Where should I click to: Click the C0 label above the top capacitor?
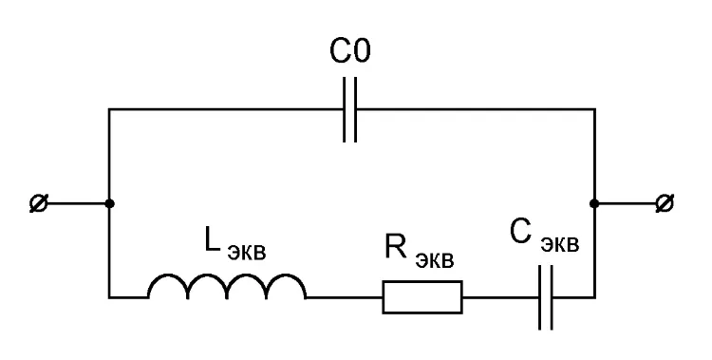pyautogui.click(x=349, y=51)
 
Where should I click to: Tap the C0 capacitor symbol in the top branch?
pyautogui.click(x=349, y=109)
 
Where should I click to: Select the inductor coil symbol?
pyautogui.click(x=227, y=286)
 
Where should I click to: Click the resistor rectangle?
pyautogui.click(x=422, y=297)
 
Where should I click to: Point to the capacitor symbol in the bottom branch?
pyautogui.click(x=546, y=297)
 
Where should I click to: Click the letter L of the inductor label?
pyautogui.click(x=212, y=241)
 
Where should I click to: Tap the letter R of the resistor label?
pyautogui.click(x=395, y=246)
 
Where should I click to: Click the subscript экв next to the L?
pyautogui.click(x=246, y=253)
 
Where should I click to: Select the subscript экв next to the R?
pyautogui.click(x=434, y=259)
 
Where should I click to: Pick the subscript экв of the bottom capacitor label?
pyautogui.click(x=560, y=244)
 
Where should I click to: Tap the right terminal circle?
pyautogui.click(x=665, y=203)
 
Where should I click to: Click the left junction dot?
pyautogui.click(x=109, y=203)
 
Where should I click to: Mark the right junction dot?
pyautogui.click(x=594, y=203)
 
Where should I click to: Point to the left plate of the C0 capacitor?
pyautogui.click(x=345, y=109)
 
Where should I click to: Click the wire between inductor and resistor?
pyautogui.click(x=345, y=297)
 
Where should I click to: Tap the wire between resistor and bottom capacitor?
pyautogui.click(x=501, y=297)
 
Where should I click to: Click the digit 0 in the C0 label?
pyautogui.click(x=362, y=51)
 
